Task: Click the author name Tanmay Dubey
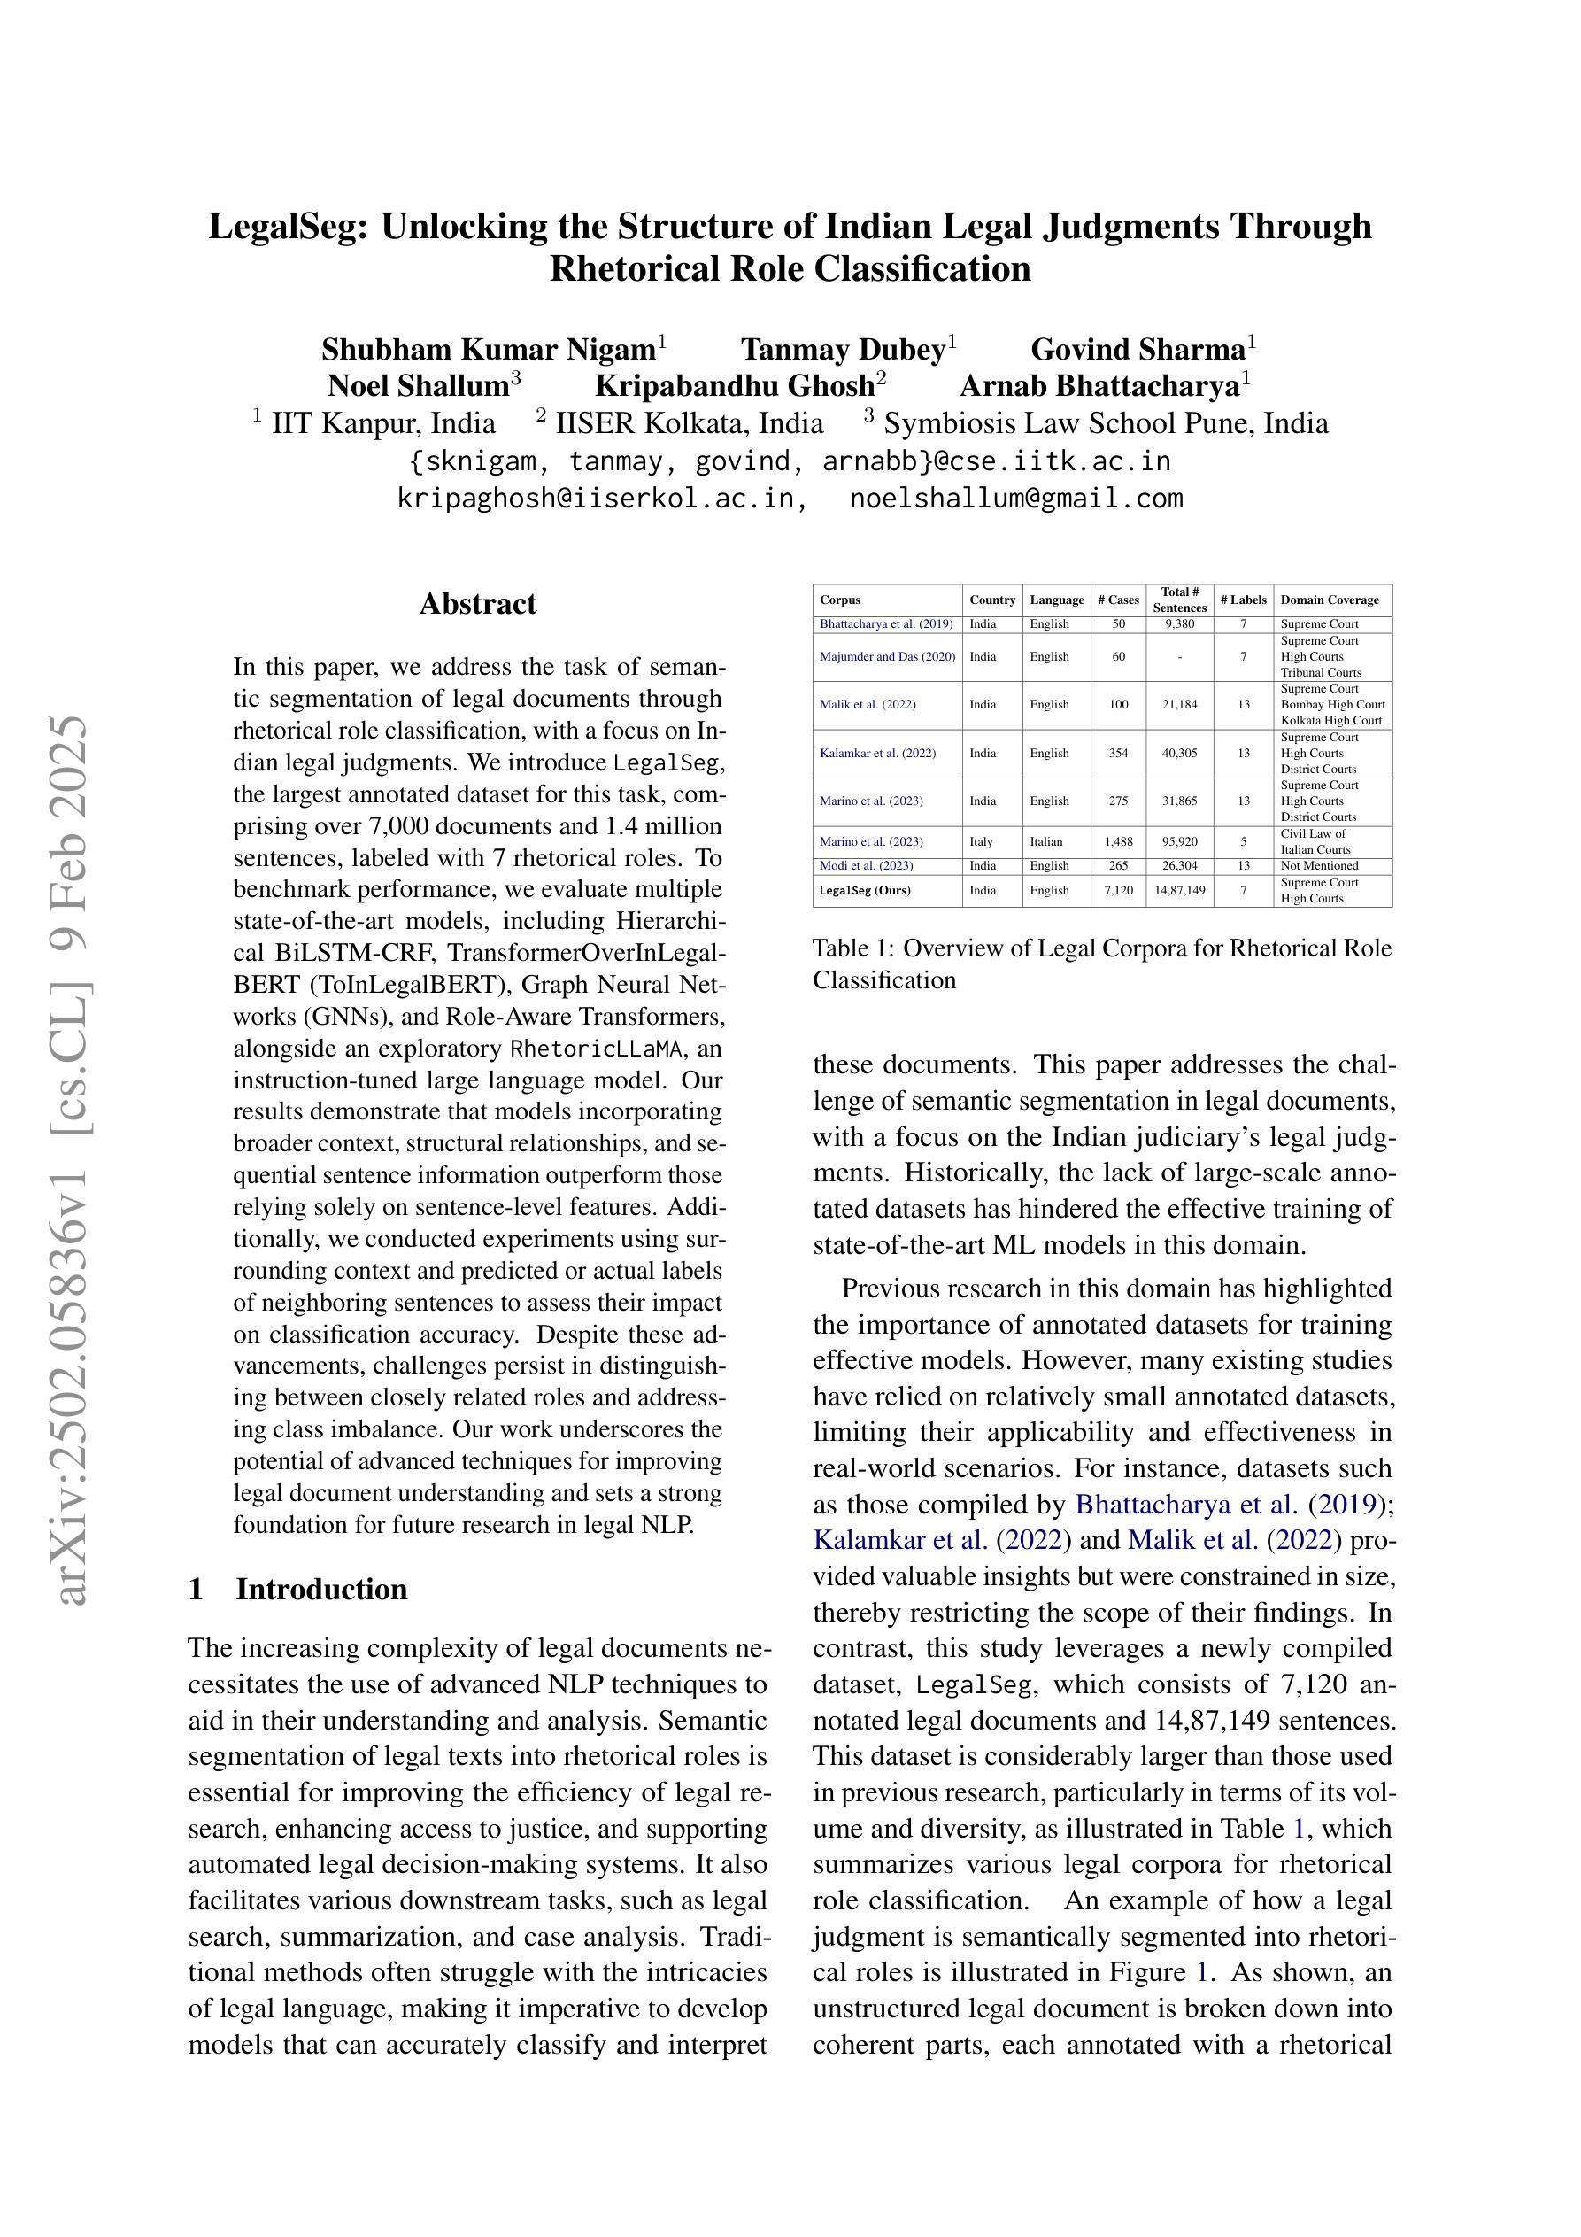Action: coord(843,349)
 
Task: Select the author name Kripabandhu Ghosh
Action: coord(735,386)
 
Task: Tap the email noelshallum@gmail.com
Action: coord(1016,499)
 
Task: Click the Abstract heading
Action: coord(477,604)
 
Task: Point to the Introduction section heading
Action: coord(321,1589)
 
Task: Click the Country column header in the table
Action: coord(992,600)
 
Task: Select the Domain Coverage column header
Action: coord(1330,600)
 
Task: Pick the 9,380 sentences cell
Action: coord(1179,624)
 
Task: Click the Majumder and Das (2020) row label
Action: coord(887,657)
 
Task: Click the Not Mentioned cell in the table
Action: coord(1319,866)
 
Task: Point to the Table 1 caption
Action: coord(1102,964)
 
